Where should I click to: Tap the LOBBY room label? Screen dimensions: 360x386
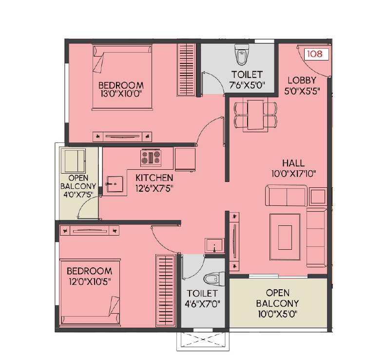coord(302,80)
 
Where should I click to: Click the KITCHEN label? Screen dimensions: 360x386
coord(154,178)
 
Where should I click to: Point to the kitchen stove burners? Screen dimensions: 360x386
coord(151,157)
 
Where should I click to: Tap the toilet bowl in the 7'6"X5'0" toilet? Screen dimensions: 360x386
coord(241,55)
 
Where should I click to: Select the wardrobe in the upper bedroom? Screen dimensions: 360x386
coord(186,67)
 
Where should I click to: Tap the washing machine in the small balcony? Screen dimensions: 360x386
coord(73,160)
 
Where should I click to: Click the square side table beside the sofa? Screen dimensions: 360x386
coord(317,196)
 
